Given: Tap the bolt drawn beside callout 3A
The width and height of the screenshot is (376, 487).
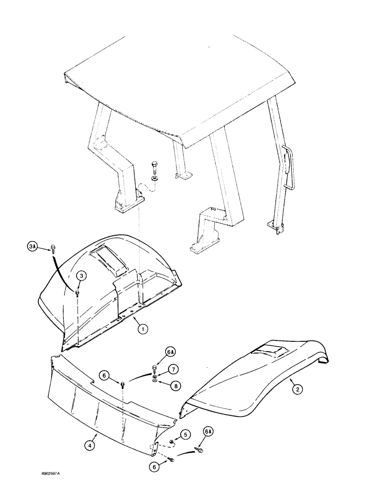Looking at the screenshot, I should pyautogui.click(x=52, y=250).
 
